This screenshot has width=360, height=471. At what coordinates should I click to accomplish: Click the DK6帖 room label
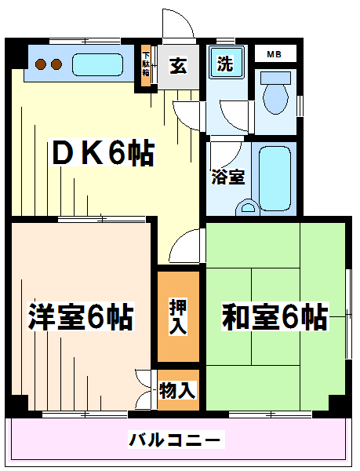click(104, 152)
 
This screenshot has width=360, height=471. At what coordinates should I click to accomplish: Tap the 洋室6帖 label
click(81, 316)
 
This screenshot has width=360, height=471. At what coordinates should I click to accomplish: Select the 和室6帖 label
click(275, 316)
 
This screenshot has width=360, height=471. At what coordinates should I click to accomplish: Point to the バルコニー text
click(176, 440)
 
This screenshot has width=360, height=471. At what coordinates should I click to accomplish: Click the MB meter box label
click(275, 54)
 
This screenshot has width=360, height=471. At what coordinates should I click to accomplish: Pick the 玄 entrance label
click(179, 65)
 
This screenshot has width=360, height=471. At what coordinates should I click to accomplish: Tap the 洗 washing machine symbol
click(226, 64)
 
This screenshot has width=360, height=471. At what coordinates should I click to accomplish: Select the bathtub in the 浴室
click(275, 178)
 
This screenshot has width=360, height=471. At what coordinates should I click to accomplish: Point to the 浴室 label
click(228, 177)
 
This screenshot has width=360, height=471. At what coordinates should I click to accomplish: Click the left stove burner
click(40, 64)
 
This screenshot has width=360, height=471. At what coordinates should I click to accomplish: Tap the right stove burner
click(56, 64)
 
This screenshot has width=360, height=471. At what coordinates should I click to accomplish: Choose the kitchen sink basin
click(97, 64)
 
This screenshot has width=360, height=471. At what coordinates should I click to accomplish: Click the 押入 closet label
click(178, 316)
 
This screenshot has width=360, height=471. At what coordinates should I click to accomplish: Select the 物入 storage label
click(178, 390)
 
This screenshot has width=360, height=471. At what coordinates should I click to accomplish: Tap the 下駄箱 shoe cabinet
click(146, 65)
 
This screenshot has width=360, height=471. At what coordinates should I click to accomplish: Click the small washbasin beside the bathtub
click(248, 207)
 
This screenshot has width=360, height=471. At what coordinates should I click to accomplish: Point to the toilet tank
click(276, 78)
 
